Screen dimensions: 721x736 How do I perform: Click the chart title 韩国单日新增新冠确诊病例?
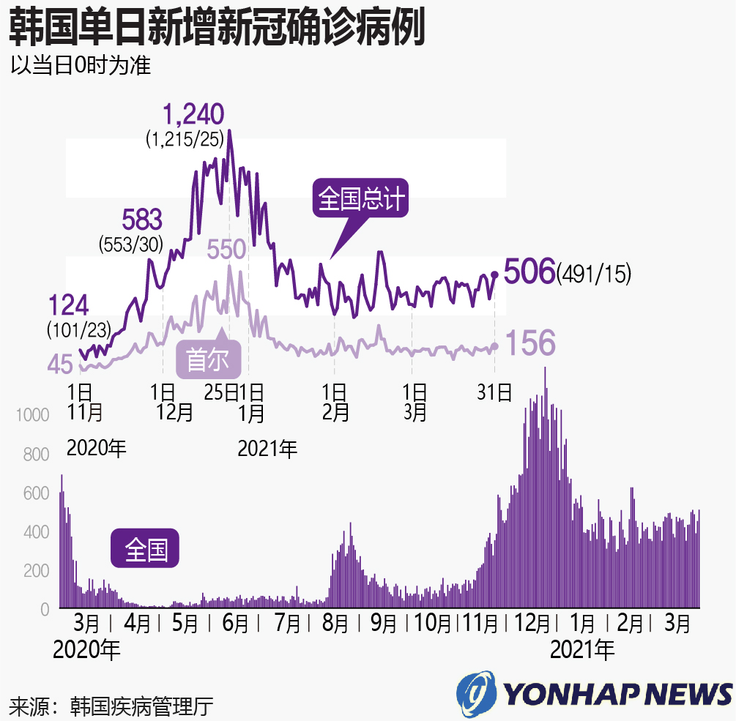point(217,29)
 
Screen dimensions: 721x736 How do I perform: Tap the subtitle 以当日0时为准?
point(80,66)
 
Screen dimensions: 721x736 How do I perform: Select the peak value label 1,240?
point(193,115)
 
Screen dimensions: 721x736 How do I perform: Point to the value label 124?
point(68,304)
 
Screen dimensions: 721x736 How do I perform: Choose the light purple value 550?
point(226,250)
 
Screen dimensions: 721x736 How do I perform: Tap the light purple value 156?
point(529,343)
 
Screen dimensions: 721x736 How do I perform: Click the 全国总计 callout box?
point(361,198)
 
